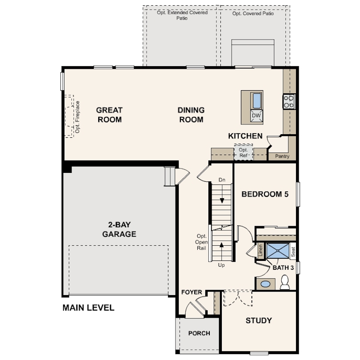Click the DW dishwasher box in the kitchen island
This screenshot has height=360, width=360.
click(256, 116)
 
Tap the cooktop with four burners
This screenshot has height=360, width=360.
click(289, 102)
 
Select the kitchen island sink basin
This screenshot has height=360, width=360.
click(257, 100)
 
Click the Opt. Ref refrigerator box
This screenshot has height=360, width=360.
click(244, 152)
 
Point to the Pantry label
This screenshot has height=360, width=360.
click(282, 156)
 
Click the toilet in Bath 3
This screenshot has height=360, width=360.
click(285, 283)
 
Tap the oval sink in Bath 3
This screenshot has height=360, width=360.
click(266, 284)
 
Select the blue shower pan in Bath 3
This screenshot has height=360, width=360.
click(278, 251)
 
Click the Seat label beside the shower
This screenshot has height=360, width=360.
click(293, 252)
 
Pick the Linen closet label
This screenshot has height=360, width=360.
click(260, 250)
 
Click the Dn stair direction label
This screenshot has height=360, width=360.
click(222, 180)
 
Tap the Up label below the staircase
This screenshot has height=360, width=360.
click(221, 265)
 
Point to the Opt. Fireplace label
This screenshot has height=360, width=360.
click(78, 117)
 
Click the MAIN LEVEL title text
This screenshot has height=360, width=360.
click(88, 308)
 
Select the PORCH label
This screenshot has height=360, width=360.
click(199, 333)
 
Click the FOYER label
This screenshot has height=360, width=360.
click(192, 292)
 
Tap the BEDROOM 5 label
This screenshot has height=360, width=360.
click(265, 194)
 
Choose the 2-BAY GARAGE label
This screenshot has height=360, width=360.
click(119, 229)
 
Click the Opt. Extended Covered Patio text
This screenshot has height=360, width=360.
click(182, 16)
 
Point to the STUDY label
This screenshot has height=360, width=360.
click(259, 320)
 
